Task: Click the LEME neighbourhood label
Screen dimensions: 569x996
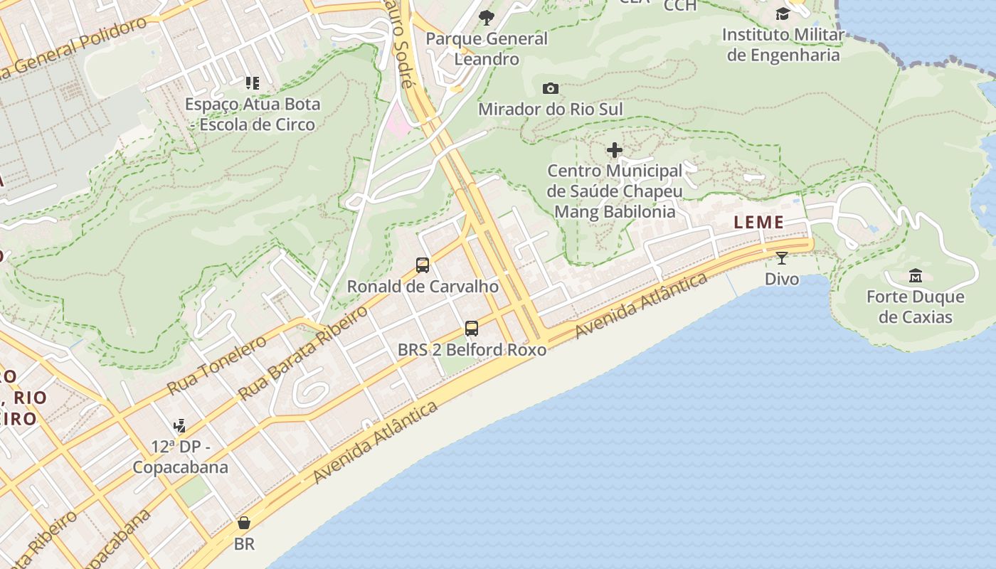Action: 758,223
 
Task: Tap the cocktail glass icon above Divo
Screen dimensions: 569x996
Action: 782,258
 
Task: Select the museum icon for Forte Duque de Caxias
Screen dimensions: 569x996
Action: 916,275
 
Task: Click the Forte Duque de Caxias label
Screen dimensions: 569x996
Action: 915,307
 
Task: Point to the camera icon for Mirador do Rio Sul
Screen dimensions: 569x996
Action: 550,89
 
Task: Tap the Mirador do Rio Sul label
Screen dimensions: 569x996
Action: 550,110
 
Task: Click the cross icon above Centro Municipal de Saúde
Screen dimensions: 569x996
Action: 615,150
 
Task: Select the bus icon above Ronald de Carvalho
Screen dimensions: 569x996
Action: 423,265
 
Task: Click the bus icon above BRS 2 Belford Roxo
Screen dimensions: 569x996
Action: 472,328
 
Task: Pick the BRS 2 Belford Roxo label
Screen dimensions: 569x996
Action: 472,350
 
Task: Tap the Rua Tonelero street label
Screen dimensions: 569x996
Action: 216,365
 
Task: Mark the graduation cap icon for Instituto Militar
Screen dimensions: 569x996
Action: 783,14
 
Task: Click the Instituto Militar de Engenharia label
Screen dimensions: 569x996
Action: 783,45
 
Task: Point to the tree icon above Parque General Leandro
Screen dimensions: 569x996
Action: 487,18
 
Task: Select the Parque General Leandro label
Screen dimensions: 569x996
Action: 487,48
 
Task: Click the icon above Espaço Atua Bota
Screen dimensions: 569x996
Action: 253,83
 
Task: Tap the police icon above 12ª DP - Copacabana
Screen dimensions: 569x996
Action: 180,426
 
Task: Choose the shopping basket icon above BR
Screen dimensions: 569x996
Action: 244,523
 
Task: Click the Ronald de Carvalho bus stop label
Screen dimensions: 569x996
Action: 423,287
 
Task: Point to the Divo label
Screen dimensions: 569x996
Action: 782,279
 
